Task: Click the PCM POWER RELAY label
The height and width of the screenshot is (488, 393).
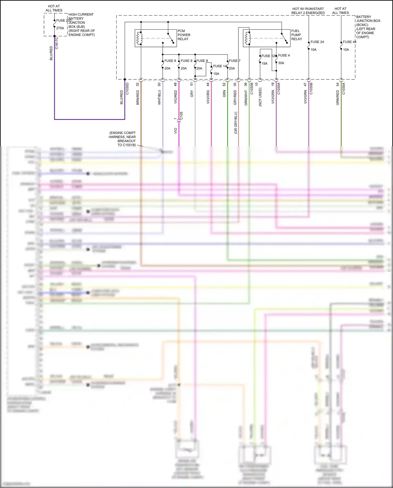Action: (x=184, y=35)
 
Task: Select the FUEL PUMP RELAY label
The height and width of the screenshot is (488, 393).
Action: (x=297, y=35)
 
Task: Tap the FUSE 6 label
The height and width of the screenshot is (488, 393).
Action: (x=170, y=61)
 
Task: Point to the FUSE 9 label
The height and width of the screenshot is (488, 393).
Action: (x=186, y=61)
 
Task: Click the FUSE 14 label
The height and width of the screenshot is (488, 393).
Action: (x=220, y=66)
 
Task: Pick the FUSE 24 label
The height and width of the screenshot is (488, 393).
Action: (x=317, y=42)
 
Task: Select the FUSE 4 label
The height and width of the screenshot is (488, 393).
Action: (x=284, y=55)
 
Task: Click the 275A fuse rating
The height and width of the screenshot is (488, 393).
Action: (x=60, y=28)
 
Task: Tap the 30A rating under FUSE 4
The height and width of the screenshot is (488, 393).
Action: (x=281, y=63)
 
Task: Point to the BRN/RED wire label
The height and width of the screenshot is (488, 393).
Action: (x=138, y=98)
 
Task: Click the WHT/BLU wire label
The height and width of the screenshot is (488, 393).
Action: (x=159, y=98)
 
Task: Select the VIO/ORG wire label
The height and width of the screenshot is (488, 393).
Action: (x=208, y=97)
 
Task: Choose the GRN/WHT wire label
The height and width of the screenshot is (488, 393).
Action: (x=246, y=98)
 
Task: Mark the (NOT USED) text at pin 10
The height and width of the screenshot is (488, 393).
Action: (x=260, y=97)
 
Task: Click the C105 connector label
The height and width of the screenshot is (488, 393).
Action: (x=181, y=116)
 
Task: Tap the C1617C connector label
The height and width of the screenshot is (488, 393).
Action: (x=57, y=43)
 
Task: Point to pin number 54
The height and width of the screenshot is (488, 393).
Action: (x=338, y=84)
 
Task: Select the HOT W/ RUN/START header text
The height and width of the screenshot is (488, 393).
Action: (x=308, y=9)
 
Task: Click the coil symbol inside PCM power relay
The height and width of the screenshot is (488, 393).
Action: (x=139, y=39)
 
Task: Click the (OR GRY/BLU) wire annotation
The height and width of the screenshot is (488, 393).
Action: (x=236, y=123)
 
